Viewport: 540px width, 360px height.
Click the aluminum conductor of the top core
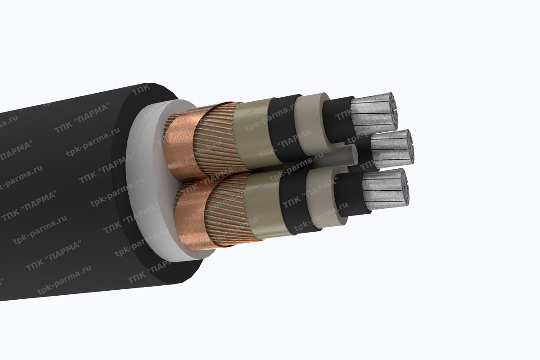point(373,112)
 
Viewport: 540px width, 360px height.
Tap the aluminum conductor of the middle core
point(391,148)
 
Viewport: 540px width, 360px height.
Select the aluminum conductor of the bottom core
point(385,191)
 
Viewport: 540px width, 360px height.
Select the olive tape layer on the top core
point(252,135)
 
